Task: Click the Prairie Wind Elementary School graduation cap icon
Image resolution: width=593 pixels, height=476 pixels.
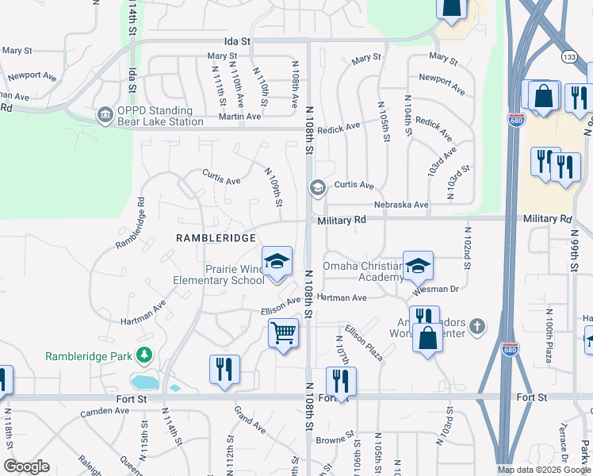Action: click(x=277, y=261)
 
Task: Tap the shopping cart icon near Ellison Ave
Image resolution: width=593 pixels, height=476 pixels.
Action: click(x=283, y=332)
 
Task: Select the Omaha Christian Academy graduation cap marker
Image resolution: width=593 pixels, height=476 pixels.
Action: click(x=418, y=266)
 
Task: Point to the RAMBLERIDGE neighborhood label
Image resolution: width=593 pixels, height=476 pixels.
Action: click(x=217, y=238)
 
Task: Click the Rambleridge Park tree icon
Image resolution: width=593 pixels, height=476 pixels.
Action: click(x=143, y=355)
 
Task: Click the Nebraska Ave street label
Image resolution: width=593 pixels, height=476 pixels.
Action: click(x=401, y=205)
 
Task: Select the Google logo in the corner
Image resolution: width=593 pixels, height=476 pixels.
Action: click(x=26, y=466)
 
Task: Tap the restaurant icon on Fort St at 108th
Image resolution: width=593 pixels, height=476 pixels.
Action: click(x=341, y=381)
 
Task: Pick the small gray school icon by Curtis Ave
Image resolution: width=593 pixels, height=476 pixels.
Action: click(x=317, y=187)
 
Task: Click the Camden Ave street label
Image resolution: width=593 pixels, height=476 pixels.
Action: click(x=105, y=411)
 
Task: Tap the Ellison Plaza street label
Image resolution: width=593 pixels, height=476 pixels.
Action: click(x=363, y=342)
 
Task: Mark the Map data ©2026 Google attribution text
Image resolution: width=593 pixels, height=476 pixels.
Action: click(x=544, y=470)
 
